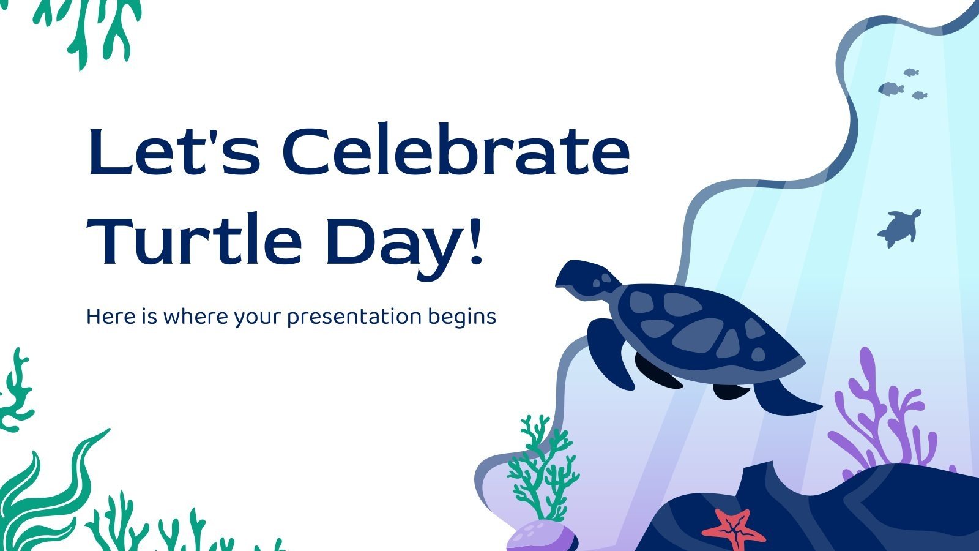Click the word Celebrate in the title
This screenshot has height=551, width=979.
(456, 151)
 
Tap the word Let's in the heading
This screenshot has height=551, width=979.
(174, 151)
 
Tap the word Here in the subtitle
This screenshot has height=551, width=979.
(108, 317)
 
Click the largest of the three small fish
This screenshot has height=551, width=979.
(891, 89)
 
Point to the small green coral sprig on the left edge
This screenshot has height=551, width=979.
(15, 392)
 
